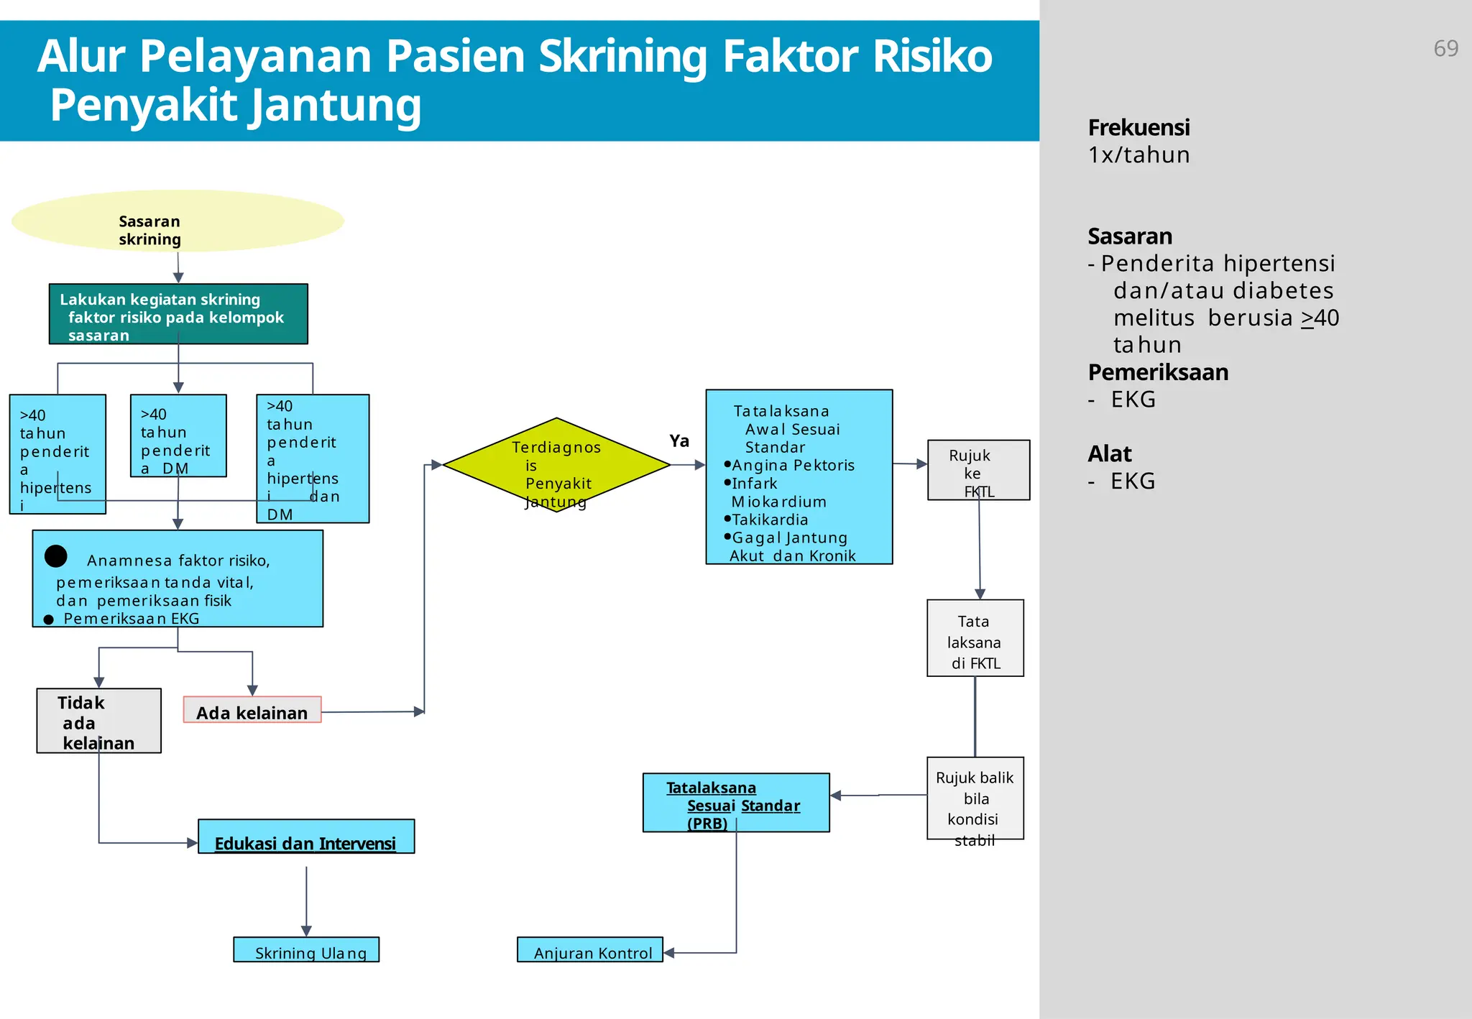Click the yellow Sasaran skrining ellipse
[178, 221]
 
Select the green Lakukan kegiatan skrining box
[178, 314]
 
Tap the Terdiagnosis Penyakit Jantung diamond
[556, 465]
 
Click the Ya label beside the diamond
[679, 441]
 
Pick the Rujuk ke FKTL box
[978, 470]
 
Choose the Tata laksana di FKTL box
[975, 638]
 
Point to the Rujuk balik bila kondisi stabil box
[975, 798]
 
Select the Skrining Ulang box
[306, 950]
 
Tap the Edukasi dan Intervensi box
[306, 837]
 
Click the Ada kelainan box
[252, 710]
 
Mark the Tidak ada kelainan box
[98, 721]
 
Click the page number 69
[1445, 48]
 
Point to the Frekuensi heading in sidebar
[1138, 128]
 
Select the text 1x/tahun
[1138, 155]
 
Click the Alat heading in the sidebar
[1109, 454]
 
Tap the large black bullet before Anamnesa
[56, 556]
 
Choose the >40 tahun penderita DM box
[178, 435]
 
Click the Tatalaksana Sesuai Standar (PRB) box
[736, 803]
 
